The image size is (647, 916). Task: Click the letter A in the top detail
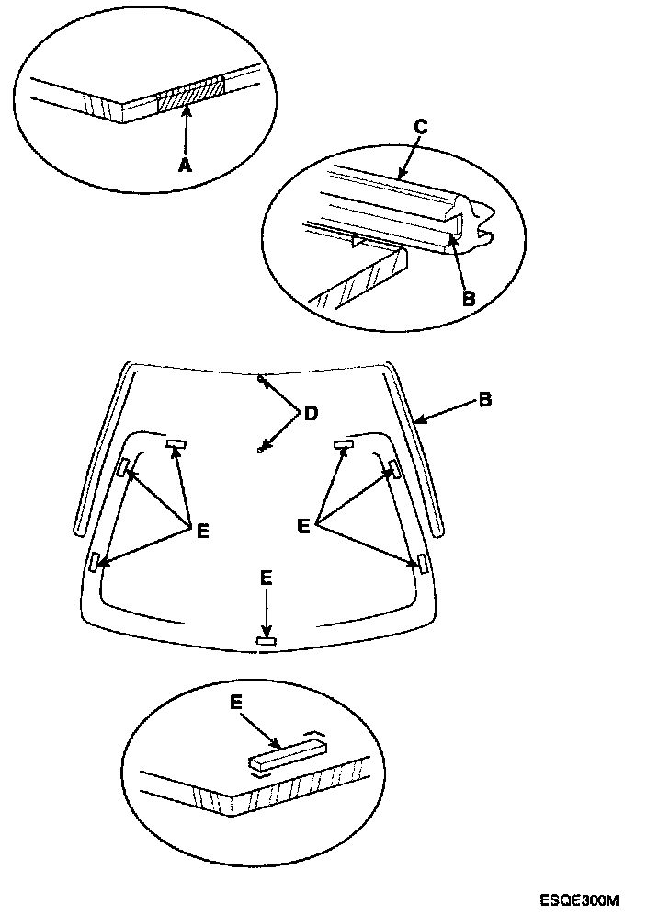(x=185, y=166)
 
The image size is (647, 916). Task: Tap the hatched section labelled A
(x=189, y=94)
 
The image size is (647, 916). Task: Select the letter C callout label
(x=419, y=128)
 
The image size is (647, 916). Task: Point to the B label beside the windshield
(x=484, y=400)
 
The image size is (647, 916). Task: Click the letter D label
(x=310, y=414)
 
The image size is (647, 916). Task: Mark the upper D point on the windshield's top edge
(x=262, y=378)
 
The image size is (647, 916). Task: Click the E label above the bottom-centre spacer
(x=266, y=578)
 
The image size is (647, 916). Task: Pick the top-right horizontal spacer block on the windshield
(x=345, y=444)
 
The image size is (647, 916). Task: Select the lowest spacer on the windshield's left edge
(x=95, y=561)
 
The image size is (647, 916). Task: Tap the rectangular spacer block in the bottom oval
(x=286, y=754)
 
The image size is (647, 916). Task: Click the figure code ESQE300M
(x=580, y=899)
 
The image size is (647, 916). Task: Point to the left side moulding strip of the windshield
(x=104, y=451)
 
